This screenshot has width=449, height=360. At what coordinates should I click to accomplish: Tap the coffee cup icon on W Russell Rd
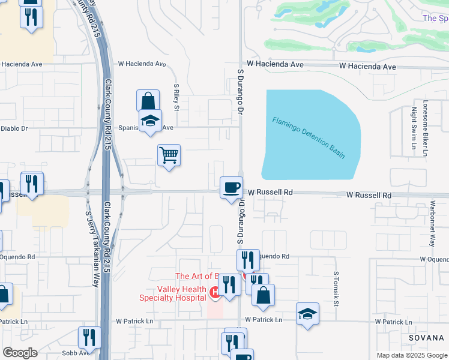pos(231,188)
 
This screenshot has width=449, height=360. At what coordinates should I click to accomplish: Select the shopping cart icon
pos(169,155)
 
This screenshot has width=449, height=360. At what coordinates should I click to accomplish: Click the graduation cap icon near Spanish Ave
pos(150,121)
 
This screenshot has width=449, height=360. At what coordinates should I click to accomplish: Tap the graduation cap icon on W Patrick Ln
pos(307,314)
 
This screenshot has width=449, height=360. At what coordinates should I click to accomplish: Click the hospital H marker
pos(214,292)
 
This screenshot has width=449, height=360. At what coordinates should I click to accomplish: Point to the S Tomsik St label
pos(336,287)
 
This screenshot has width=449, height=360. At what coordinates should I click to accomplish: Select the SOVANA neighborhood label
pos(426,338)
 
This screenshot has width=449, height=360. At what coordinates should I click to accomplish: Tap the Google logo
pos(20,353)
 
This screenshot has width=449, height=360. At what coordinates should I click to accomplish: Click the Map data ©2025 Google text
pos(412,355)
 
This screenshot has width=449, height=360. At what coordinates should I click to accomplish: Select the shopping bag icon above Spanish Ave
pos(148,101)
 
